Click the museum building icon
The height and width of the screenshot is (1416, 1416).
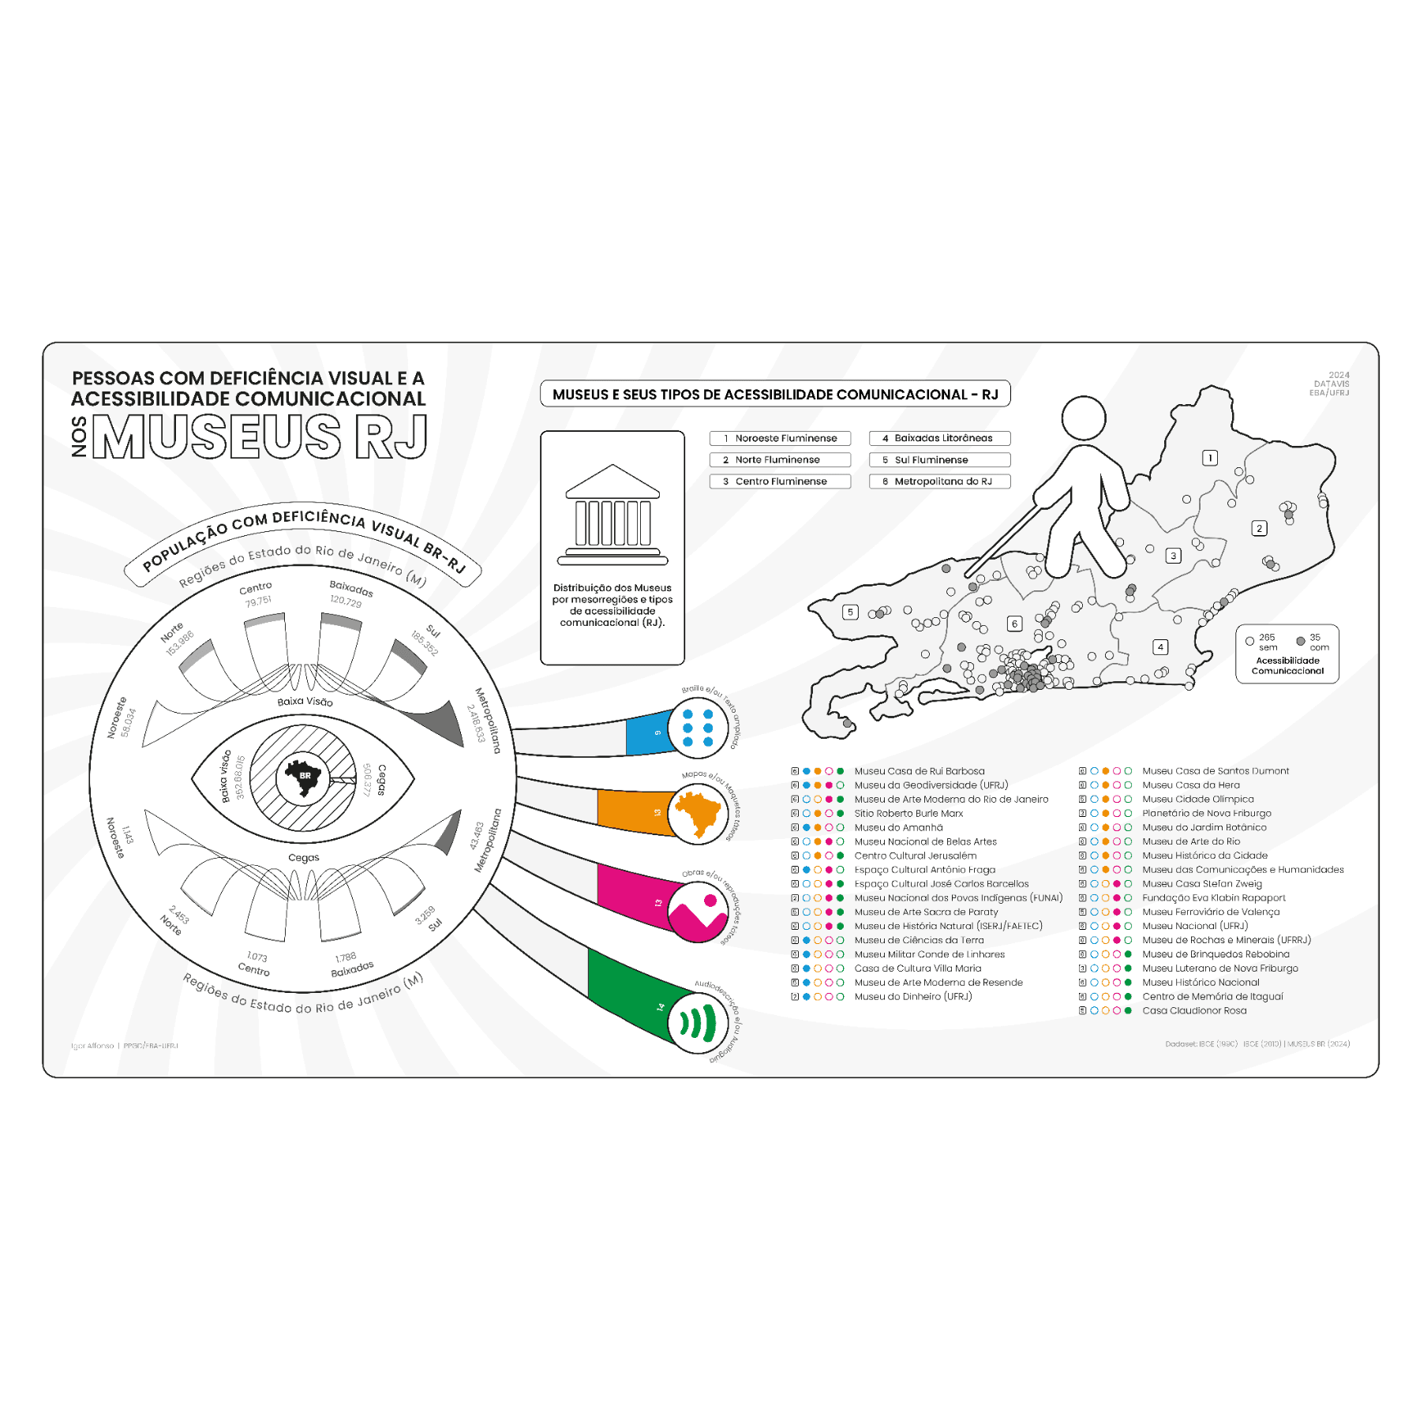pos(612,515)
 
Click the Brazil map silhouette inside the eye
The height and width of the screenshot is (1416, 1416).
pos(303,777)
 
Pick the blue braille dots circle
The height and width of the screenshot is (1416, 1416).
pos(698,728)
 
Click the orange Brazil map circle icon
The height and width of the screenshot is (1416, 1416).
pos(698,814)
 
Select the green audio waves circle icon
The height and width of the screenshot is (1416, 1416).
pos(698,1023)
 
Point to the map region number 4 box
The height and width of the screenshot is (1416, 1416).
pos(1159,647)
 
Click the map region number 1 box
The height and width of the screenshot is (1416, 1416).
pos(1209,458)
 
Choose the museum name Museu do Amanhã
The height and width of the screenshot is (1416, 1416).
pos(898,827)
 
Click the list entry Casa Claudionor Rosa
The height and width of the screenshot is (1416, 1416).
pos(1193,1010)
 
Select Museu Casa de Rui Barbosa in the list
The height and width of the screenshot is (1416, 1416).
pos(919,771)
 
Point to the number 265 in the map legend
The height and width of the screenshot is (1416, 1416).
pos(1266,637)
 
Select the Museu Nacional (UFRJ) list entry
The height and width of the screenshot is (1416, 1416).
pos(1194,926)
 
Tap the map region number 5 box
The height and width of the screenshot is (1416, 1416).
pos(849,612)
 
